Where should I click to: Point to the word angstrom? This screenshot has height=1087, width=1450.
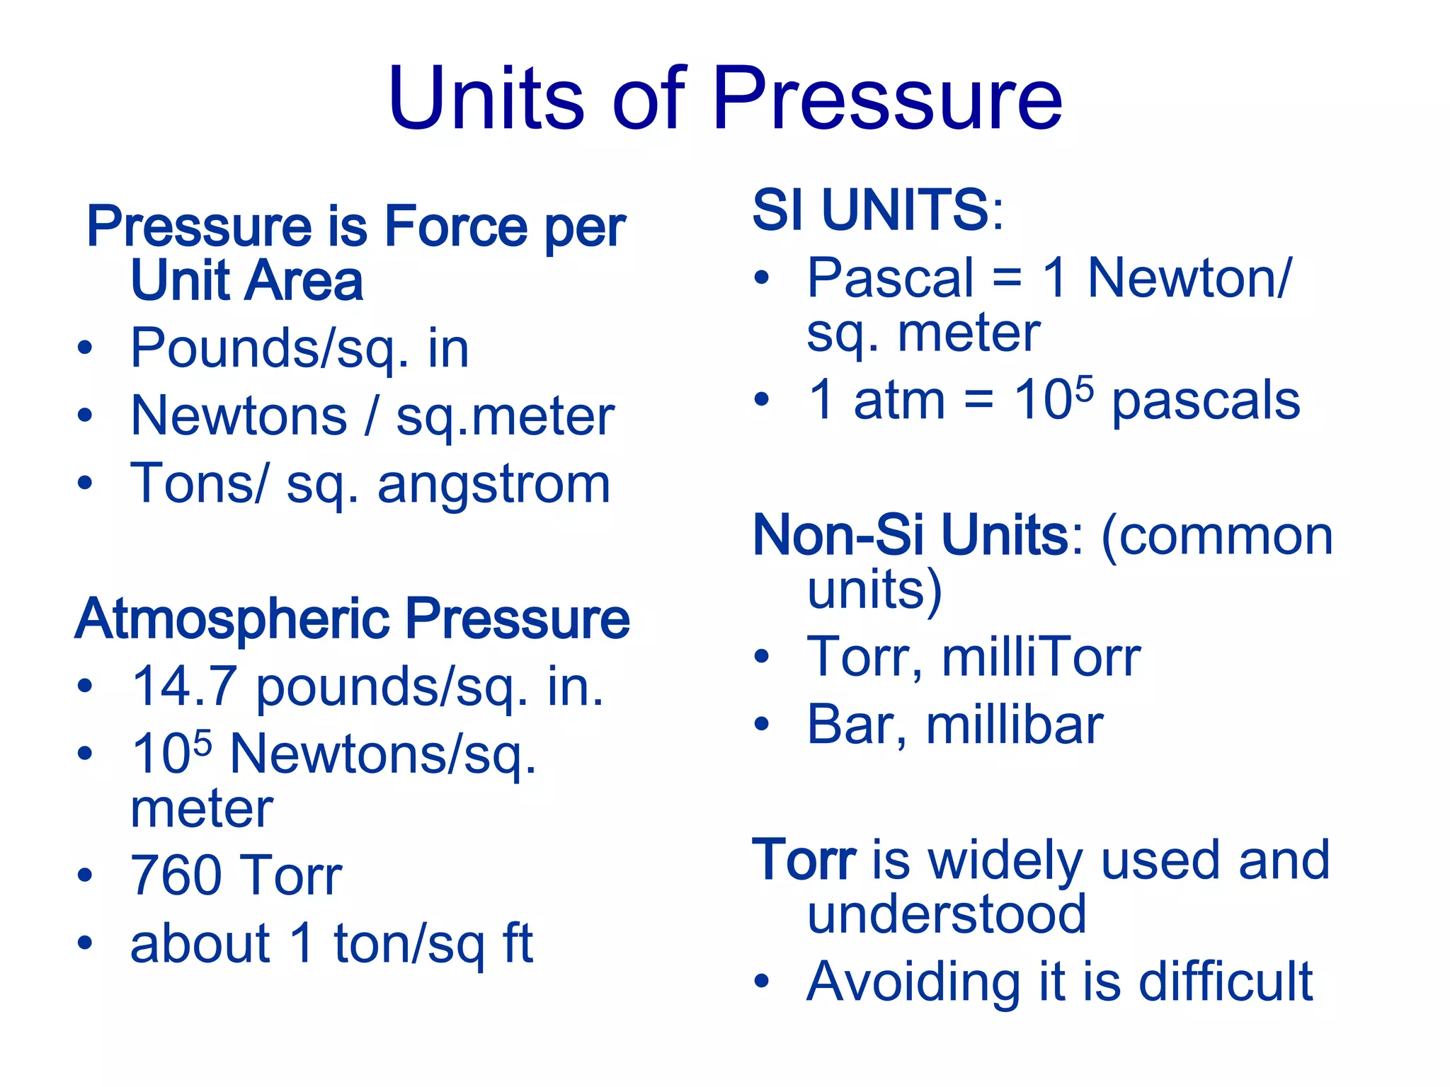493,485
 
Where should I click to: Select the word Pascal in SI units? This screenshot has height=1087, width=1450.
891,278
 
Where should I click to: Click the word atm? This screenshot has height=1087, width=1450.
899,401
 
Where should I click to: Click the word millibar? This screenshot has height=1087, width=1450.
1015,725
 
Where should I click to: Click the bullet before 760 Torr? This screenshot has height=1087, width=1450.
85,876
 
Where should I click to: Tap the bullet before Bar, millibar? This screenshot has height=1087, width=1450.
761,725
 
